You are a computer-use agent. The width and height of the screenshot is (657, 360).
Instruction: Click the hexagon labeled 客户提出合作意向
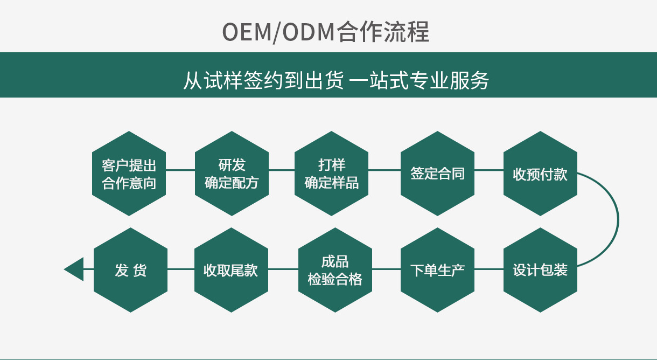(129, 174)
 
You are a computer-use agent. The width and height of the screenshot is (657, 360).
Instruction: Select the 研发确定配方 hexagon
(232, 174)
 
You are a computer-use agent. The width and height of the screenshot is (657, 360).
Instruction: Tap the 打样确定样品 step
(332, 174)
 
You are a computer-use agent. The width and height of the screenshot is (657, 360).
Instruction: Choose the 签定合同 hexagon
(437, 174)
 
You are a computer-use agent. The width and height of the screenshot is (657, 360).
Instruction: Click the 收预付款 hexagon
(540, 174)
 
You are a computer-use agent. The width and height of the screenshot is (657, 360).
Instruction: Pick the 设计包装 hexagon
(540, 269)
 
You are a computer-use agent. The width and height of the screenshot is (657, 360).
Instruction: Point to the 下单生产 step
(437, 269)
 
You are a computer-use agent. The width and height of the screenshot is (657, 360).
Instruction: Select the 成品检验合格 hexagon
(335, 269)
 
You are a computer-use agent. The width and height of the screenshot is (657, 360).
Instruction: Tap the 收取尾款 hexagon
(231, 269)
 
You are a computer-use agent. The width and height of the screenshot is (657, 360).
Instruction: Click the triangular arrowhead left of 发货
(76, 269)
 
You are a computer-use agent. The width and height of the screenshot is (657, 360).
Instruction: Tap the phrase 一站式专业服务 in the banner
(420, 80)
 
